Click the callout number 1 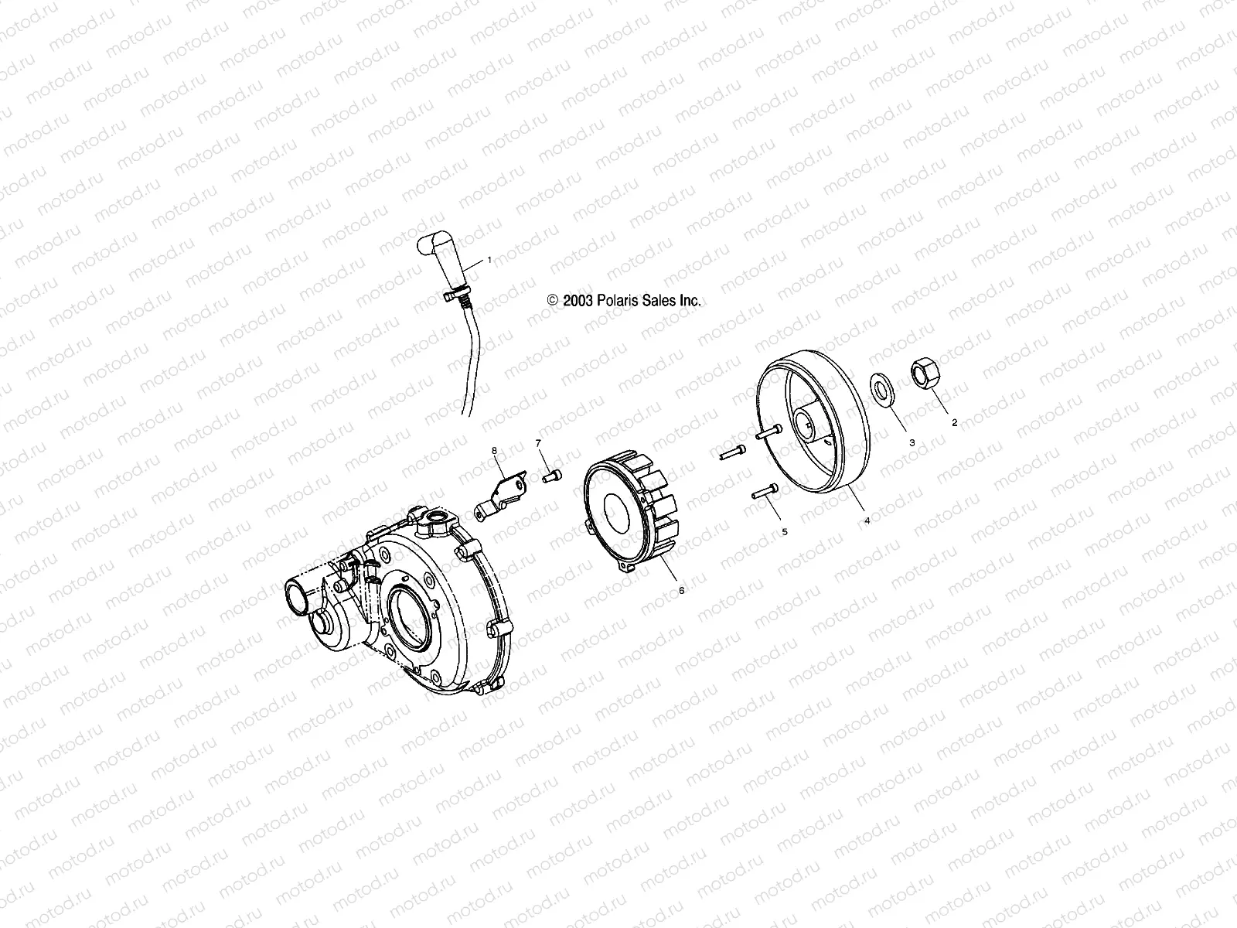pyautogui.click(x=489, y=261)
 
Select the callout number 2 pyautogui.click(x=954, y=422)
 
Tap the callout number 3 pyautogui.click(x=912, y=442)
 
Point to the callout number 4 pyautogui.click(x=867, y=520)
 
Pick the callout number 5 pyautogui.click(x=784, y=532)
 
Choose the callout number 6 pyautogui.click(x=681, y=589)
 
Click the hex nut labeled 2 pyautogui.click(x=924, y=374)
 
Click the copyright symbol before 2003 pyautogui.click(x=552, y=302)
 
